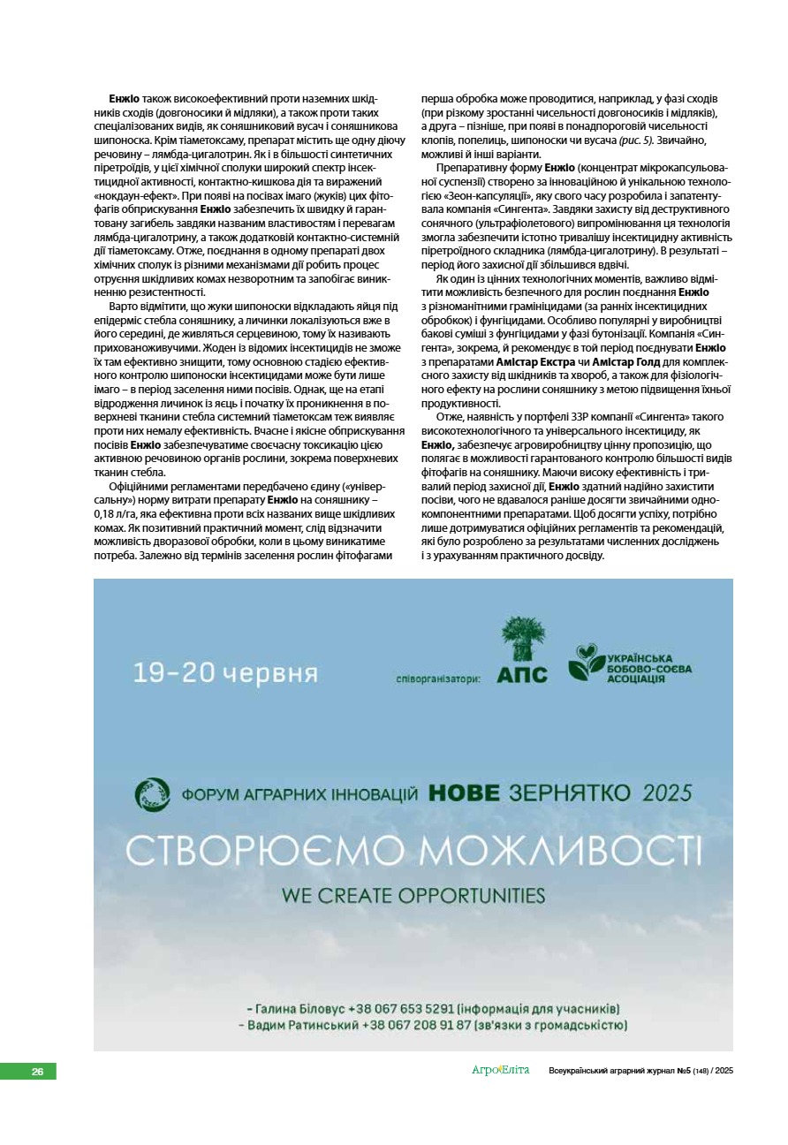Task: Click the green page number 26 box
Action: (x=28, y=1072)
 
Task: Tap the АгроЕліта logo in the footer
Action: (x=500, y=1071)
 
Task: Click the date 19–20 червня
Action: (x=225, y=673)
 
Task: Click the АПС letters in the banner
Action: (x=521, y=675)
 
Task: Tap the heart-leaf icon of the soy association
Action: (x=585, y=662)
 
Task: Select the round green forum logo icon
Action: (x=152, y=794)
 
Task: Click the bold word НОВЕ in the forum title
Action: (x=474, y=792)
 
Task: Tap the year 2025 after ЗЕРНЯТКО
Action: (x=667, y=792)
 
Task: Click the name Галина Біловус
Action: (x=300, y=1008)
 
